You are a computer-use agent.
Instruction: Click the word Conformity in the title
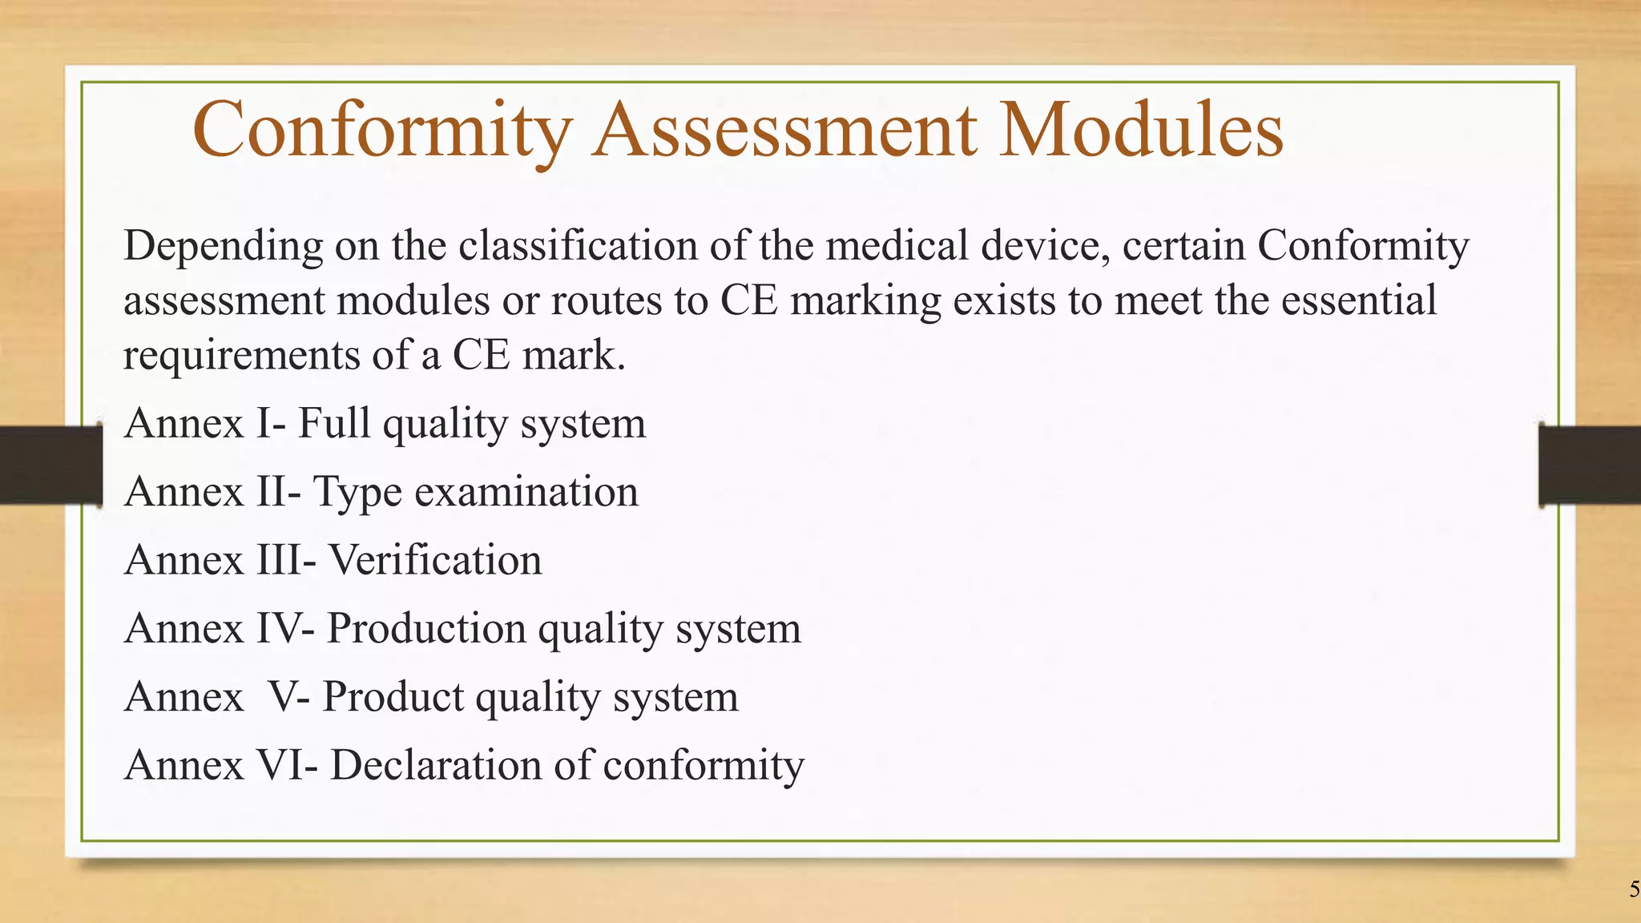(x=382, y=130)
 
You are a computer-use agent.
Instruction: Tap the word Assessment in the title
(x=785, y=130)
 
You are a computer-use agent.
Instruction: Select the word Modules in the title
(x=1142, y=130)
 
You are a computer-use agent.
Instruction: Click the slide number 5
(x=1633, y=889)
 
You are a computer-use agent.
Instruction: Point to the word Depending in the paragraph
(x=224, y=247)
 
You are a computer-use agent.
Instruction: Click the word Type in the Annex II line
(x=357, y=493)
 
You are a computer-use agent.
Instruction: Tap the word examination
(x=526, y=491)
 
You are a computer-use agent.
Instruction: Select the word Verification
(x=436, y=560)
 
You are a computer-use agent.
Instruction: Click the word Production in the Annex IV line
(x=427, y=628)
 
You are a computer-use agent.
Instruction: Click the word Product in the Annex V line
(x=393, y=696)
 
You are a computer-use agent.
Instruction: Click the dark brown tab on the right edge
(x=1590, y=465)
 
